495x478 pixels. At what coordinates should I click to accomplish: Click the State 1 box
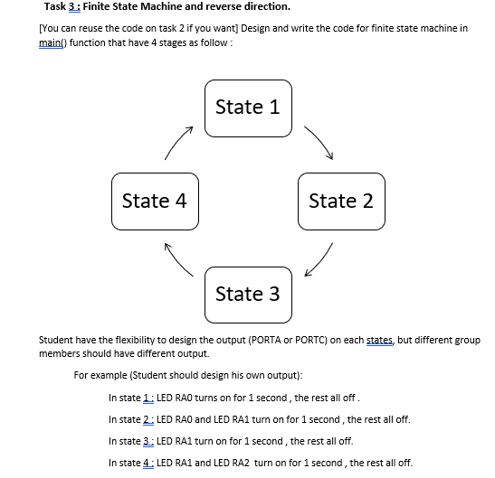click(248, 108)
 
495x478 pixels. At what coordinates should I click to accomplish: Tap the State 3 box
click(248, 294)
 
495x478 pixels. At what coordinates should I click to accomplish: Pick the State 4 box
click(155, 201)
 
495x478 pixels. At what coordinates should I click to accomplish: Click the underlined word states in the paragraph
click(378, 341)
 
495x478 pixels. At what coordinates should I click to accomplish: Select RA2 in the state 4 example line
click(241, 463)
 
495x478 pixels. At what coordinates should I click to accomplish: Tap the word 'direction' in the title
click(262, 7)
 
